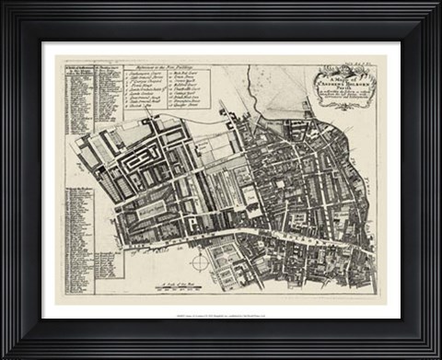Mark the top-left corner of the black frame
tap(4, 4)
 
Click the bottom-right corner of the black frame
tap(437, 355)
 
